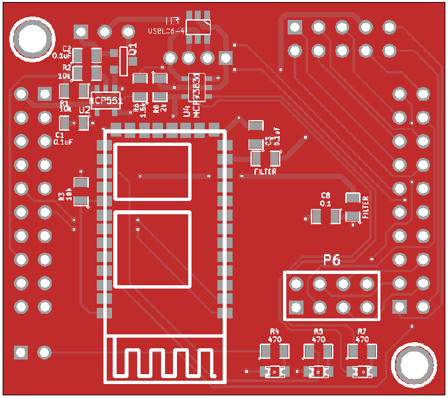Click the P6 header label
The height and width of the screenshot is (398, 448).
tap(332, 260)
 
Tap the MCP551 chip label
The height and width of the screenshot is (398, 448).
tap(106, 100)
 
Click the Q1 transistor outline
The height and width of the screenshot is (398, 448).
tap(123, 61)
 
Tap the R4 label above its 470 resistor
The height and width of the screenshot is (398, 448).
tap(274, 331)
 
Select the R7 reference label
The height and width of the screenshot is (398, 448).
tap(362, 331)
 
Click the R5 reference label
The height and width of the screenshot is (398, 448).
tap(318, 331)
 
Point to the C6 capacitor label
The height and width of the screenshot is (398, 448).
tap(325, 195)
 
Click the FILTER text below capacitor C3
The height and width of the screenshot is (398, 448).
tap(265, 172)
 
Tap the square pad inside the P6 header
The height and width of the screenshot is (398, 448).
tap(296, 307)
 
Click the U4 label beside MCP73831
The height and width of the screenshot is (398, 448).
tap(187, 113)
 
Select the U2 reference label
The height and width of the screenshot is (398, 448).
tap(85, 110)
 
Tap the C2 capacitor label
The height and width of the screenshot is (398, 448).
tap(66, 49)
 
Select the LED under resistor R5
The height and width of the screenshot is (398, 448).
tap(318, 372)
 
